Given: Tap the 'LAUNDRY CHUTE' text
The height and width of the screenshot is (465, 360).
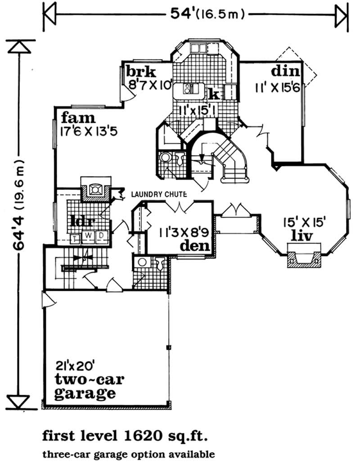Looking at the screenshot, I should tap(158, 194).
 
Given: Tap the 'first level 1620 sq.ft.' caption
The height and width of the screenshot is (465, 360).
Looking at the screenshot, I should tap(126, 436).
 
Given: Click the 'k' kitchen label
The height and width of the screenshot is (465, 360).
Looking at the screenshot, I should tap(215, 94).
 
